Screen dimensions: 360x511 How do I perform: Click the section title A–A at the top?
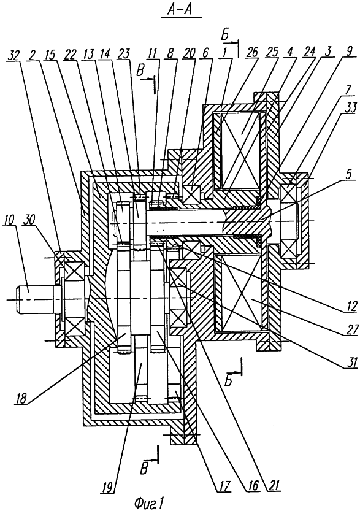click(x=180, y=10)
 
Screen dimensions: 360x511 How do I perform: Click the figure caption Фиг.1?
click(x=148, y=502)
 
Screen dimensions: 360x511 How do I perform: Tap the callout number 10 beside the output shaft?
click(x=10, y=220)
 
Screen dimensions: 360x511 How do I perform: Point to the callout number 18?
click(x=21, y=399)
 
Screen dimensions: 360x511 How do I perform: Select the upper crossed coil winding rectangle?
click(x=241, y=150)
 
